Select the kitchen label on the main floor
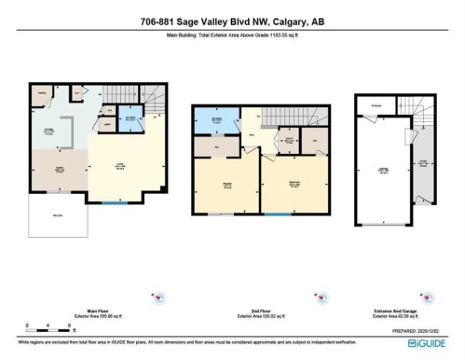click(x=46, y=131)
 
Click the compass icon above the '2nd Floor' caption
click(x=321, y=298)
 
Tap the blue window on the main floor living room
click(x=111, y=203)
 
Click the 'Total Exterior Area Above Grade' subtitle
click(x=232, y=34)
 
